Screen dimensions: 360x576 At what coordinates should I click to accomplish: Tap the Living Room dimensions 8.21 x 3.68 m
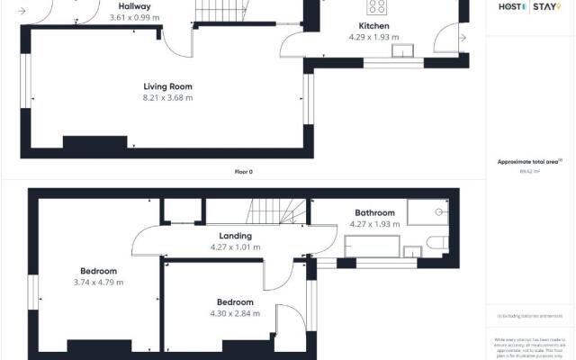[168, 98]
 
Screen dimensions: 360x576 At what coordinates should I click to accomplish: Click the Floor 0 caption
[244, 171]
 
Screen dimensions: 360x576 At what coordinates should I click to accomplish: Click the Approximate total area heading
[529, 162]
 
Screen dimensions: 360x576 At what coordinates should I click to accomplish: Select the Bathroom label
[374, 213]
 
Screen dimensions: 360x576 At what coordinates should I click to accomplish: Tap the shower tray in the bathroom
[428, 211]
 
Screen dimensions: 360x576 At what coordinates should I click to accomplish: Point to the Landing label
[234, 236]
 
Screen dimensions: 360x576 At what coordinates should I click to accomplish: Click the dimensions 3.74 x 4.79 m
[98, 282]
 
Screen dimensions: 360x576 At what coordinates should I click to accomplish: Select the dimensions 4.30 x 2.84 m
[234, 313]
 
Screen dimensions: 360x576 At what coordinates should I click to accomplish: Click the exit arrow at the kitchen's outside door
[463, 38]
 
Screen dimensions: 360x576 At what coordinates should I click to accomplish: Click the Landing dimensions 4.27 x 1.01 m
[234, 247]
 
